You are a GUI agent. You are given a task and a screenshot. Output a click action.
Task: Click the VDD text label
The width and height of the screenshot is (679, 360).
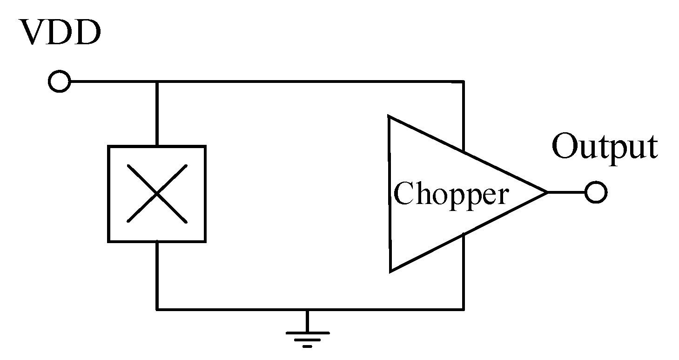61,34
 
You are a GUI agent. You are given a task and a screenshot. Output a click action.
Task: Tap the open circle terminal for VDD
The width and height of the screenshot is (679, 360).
59,82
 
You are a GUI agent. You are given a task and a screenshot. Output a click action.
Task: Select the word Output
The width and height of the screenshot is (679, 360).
605,147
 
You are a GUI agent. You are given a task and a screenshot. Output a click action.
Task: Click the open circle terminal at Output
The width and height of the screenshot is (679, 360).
596,192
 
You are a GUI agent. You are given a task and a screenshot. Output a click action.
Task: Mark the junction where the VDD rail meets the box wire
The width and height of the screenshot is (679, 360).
157,82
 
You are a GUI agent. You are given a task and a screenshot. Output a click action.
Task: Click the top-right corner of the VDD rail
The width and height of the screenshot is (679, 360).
463,82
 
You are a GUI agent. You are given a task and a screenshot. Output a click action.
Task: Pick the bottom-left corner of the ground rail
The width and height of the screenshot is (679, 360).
157,308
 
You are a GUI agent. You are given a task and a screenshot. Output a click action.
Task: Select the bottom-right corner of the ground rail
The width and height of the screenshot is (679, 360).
463,308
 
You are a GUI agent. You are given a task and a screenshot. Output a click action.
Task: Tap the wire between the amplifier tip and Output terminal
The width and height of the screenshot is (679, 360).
566,192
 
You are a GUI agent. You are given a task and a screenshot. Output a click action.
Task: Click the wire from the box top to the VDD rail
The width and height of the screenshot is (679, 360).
157,114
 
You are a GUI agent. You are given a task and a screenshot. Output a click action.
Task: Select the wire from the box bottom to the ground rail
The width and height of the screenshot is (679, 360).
157,275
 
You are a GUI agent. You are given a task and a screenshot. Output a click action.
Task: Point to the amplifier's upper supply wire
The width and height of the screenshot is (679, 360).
463,116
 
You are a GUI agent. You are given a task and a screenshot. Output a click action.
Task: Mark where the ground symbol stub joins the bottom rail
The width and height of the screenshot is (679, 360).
307,308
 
